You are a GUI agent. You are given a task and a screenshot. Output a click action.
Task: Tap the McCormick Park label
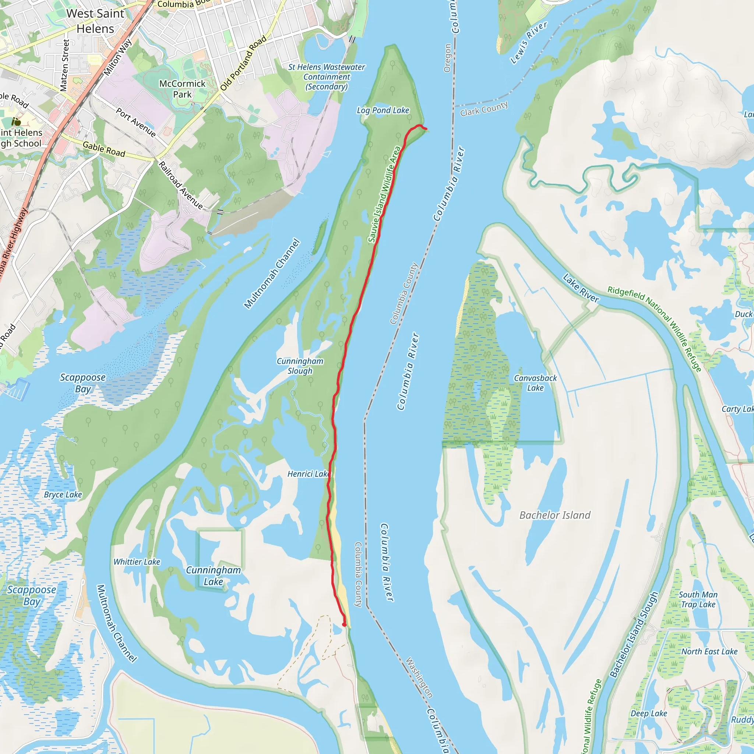pyautogui.click(x=182, y=89)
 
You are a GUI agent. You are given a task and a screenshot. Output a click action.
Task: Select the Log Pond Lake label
pyautogui.click(x=383, y=110)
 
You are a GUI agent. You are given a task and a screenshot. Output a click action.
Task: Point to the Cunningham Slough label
pyautogui.click(x=300, y=366)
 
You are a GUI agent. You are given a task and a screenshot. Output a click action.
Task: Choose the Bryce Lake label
pyautogui.click(x=63, y=495)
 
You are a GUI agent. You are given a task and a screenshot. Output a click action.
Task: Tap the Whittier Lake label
pyautogui.click(x=137, y=562)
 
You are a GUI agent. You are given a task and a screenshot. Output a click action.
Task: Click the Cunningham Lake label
pyautogui.click(x=213, y=576)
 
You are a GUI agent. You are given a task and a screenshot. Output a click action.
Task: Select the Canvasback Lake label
pyautogui.click(x=535, y=383)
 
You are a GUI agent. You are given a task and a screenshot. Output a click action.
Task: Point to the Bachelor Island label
pyautogui.click(x=554, y=515)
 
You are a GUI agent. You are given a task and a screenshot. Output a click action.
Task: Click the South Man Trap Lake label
pyautogui.click(x=698, y=599)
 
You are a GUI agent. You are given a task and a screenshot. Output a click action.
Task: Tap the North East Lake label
pyautogui.click(x=709, y=651)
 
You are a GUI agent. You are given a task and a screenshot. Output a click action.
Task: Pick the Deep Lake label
pyautogui.click(x=649, y=714)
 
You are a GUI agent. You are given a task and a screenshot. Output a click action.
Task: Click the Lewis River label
pyautogui.click(x=529, y=43)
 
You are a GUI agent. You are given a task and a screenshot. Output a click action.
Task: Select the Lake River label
pyautogui.click(x=581, y=288)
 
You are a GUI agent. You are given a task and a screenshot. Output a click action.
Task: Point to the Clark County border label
pyautogui.click(x=484, y=109)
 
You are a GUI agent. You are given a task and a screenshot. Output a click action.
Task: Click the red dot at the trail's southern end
pyautogui.click(x=344, y=625)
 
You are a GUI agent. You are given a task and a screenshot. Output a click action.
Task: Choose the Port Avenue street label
pyautogui.click(x=136, y=123)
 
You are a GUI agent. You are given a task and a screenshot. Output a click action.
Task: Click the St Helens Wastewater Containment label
pyautogui.click(x=327, y=77)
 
